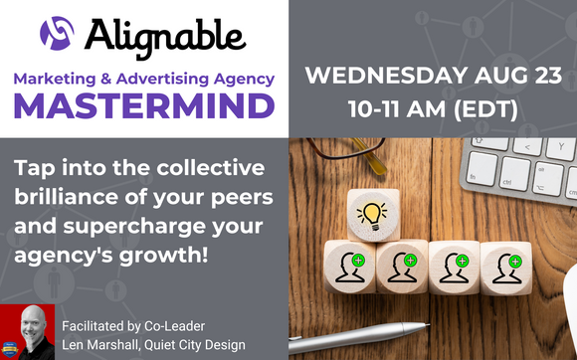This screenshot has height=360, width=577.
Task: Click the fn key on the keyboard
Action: tap(479, 176)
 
